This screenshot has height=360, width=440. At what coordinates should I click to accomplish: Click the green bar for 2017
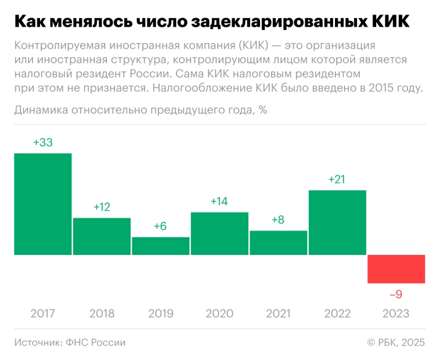(x=43, y=204)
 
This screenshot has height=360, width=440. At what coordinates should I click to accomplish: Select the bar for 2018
(x=102, y=236)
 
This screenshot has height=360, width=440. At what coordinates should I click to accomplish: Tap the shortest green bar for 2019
(x=161, y=246)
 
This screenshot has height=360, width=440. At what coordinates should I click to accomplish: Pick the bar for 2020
(x=219, y=233)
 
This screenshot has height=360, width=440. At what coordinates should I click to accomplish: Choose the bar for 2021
(x=279, y=243)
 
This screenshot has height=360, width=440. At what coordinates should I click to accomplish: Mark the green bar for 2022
(x=337, y=222)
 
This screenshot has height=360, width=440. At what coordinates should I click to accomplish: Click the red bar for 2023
(x=396, y=269)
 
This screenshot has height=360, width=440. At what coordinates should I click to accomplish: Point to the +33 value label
(x=43, y=142)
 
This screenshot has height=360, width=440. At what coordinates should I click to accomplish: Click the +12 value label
(x=102, y=207)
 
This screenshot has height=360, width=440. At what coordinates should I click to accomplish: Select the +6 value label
(x=161, y=226)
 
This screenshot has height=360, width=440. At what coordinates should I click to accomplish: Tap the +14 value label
(x=219, y=201)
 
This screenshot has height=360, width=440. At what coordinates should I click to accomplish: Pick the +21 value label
(x=337, y=179)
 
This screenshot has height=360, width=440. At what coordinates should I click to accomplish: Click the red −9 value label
(x=396, y=294)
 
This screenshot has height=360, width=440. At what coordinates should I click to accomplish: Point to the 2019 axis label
(x=161, y=314)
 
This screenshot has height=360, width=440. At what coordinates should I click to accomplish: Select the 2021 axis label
(x=279, y=314)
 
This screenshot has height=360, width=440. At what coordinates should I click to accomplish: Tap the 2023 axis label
(x=396, y=314)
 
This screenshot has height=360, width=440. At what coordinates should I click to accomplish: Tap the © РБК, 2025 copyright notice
(x=396, y=343)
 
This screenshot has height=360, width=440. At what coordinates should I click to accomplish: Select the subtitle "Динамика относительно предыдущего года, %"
(x=140, y=110)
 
